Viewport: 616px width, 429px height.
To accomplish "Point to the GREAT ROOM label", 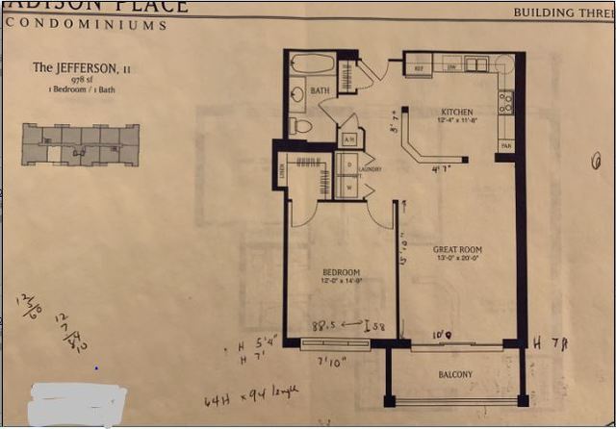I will point(457,250).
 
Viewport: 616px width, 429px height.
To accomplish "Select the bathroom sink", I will point(297,95).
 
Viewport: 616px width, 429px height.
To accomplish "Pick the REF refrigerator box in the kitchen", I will point(419,68).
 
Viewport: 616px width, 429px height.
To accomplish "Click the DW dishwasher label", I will point(449,67).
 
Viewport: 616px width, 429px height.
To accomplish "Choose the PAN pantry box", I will point(505,145).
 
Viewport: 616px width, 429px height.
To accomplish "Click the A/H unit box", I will point(348,139).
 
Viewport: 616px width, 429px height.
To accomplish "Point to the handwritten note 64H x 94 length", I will point(250,394).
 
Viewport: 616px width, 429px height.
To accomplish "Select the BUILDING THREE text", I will point(557,13).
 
